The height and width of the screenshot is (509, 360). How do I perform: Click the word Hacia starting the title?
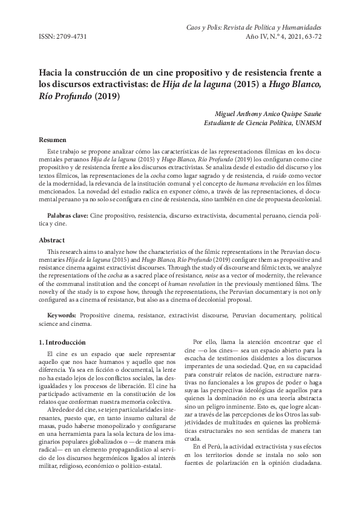tap(53, 73)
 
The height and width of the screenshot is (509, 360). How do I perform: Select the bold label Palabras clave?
tap(68, 215)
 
